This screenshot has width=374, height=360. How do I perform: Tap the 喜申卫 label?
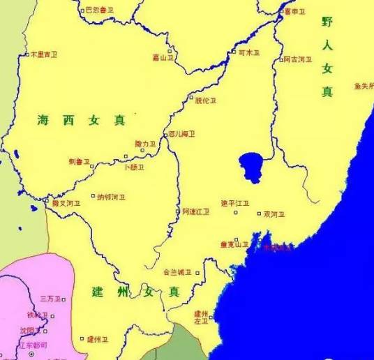tap(294, 11)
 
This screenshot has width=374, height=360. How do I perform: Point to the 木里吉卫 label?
tap(43, 54)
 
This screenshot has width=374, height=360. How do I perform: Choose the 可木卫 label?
tap(248, 52)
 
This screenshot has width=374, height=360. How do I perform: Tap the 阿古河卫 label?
tap(297, 59)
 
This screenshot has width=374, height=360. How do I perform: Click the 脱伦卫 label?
tap(205, 100)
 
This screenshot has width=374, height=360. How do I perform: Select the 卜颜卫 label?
tap(133, 167)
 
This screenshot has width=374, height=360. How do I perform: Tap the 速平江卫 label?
tap(234, 203)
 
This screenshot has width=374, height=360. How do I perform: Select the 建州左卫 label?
tap(202, 317)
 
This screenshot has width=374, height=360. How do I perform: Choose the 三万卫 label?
tap(50, 299)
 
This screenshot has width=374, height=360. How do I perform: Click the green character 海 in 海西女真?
tap(44, 121)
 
